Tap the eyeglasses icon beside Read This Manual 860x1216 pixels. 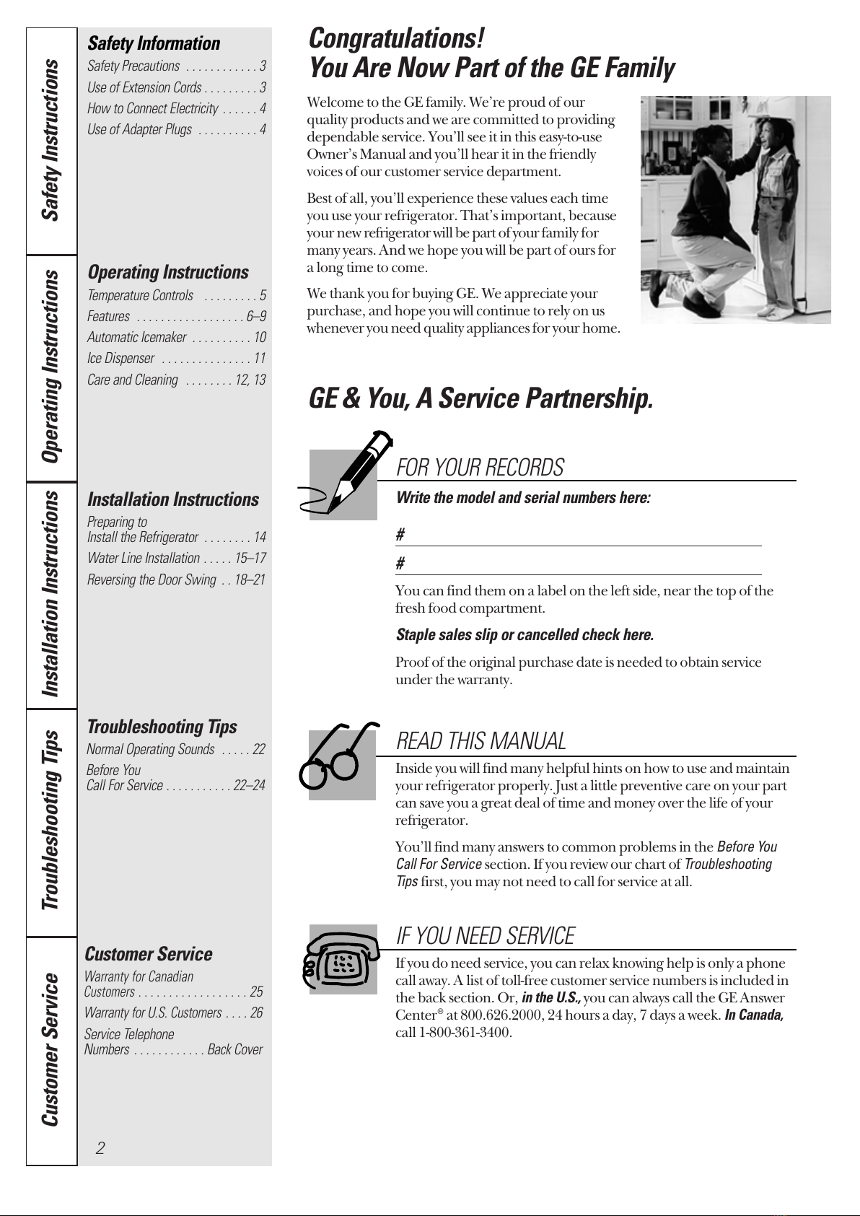point(339,758)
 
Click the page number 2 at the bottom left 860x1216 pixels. point(100,1147)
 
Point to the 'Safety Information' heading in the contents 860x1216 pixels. point(154,43)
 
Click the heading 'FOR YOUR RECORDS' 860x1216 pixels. point(480,468)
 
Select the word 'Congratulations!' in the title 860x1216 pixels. point(396,38)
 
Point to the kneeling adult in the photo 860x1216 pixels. point(703,216)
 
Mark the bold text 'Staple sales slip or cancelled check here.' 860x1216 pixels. point(525,635)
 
